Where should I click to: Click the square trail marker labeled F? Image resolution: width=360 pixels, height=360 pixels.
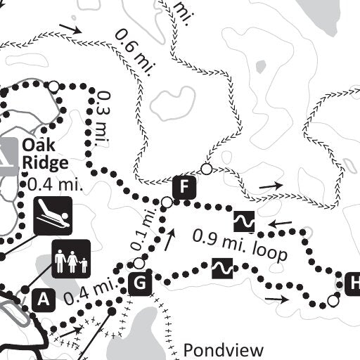click(x=183, y=187)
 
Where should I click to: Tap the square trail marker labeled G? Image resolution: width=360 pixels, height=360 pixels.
click(x=140, y=283)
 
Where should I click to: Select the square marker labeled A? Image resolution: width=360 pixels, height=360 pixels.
click(x=44, y=299)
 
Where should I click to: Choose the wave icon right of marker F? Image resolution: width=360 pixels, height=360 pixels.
click(x=244, y=222)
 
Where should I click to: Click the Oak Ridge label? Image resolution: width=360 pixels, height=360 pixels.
click(x=44, y=155)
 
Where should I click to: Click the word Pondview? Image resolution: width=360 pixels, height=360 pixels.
click(x=223, y=349)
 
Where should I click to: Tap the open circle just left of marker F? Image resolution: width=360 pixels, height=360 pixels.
click(x=166, y=202)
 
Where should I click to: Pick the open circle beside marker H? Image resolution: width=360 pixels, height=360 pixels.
click(x=333, y=302)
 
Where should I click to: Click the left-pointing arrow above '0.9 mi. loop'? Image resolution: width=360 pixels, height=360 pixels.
click(x=280, y=226)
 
